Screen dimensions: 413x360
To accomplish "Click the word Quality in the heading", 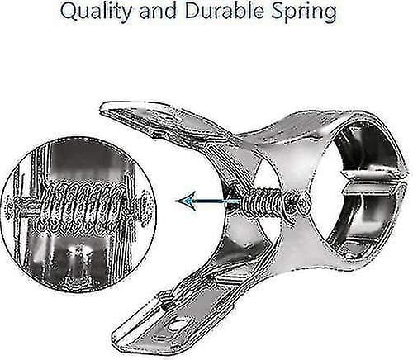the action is pyautogui.click(x=96, y=12).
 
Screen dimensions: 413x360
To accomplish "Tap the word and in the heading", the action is pyautogui.click(x=158, y=11).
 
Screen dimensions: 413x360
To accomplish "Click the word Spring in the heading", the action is pyautogui.click(x=304, y=12).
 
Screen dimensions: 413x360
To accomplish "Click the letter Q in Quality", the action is pyautogui.click(x=69, y=12).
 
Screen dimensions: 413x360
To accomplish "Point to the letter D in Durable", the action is pyautogui.click(x=192, y=11).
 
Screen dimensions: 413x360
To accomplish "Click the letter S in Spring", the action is pyautogui.click(x=278, y=11).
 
